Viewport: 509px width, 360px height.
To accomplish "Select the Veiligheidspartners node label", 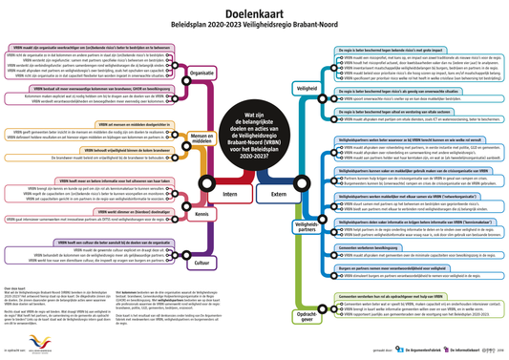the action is pyautogui.click(x=308, y=224).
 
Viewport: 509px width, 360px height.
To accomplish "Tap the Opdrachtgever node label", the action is pyautogui.click(x=308, y=312).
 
